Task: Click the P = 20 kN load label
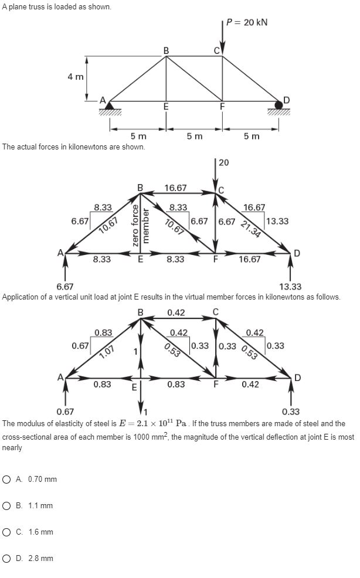247,22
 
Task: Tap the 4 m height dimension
75,77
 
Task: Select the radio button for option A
7,480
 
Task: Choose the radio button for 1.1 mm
7,506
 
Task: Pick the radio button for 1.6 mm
7,532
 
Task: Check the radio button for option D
7,559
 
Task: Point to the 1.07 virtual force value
107,352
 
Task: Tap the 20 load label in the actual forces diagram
223,162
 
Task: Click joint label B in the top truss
166,50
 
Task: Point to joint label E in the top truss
166,107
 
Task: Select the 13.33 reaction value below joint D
290,287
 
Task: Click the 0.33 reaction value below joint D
290,412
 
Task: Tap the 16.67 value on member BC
176,188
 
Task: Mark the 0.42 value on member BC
176,312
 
